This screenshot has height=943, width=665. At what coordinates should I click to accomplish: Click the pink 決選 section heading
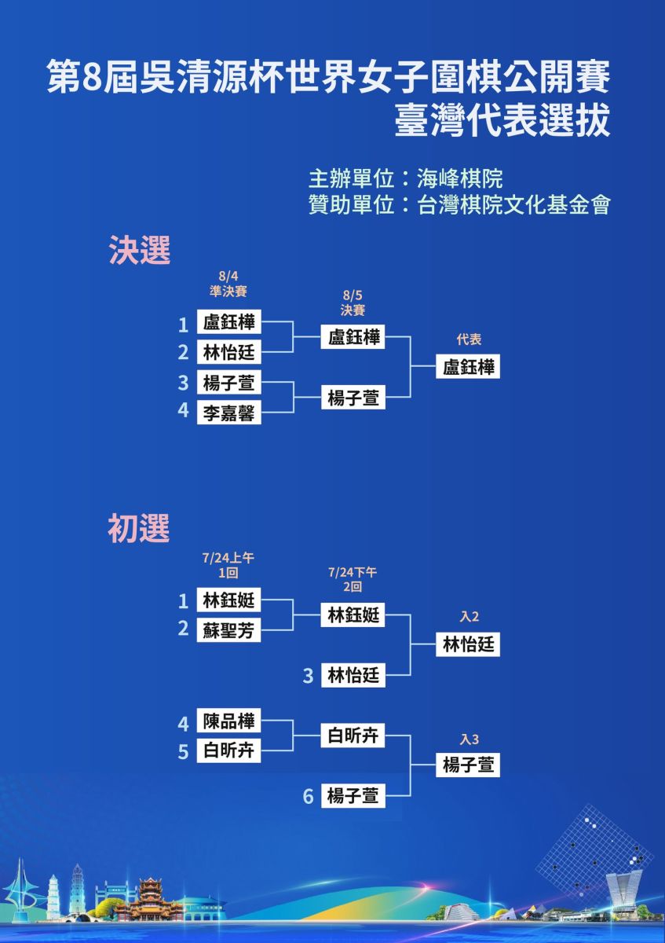coord(140,250)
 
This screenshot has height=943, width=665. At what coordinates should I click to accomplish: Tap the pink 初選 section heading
coord(139,528)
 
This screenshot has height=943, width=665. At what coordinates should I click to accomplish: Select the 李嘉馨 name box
coord(228,412)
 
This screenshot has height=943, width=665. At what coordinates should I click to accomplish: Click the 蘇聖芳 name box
coord(228,630)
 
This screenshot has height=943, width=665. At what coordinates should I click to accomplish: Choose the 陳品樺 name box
coord(228,721)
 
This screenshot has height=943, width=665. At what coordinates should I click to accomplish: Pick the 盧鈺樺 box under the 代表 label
coord(468,366)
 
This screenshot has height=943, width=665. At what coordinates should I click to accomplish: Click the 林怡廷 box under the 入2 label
coord(468,644)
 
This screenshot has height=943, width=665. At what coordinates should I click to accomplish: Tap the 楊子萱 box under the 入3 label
coord(468,765)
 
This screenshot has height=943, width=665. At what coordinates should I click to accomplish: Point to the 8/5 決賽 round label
coord(353,303)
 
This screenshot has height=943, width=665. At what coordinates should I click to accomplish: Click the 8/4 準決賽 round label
coord(228,284)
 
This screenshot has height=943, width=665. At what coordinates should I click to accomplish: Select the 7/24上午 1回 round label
coord(228,565)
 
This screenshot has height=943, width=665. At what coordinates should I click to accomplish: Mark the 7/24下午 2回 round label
coord(353,579)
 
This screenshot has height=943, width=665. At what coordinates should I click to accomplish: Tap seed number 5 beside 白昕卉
coord(183,751)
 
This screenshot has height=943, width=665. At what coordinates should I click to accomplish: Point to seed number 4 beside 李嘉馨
coord(183,409)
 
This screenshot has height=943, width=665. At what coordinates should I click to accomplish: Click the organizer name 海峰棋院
coord(460,179)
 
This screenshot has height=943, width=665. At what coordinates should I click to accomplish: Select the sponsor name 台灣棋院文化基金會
coord(513,205)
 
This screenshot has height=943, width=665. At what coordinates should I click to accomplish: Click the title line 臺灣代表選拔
coord(502,120)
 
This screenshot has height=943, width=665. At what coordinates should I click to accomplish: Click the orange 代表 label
coord(469,339)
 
